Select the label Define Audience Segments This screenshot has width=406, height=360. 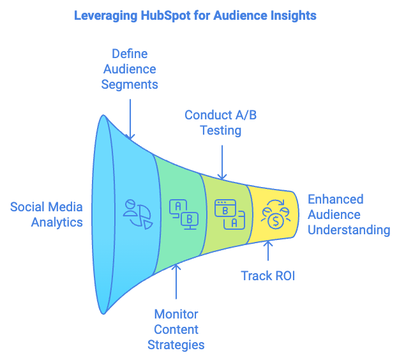pyautogui.click(x=130, y=69)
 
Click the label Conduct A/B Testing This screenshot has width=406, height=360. pyautogui.click(x=221, y=123)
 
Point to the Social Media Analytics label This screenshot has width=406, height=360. pyautogui.click(x=47, y=214)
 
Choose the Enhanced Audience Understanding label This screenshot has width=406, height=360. pyautogui.click(x=349, y=214)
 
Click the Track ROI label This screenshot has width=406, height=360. pyautogui.click(x=267, y=276)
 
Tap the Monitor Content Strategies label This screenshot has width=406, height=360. pyautogui.click(x=176, y=329)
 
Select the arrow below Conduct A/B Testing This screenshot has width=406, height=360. pyautogui.click(x=222, y=159)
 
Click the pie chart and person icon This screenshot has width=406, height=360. pyautogui.click(x=137, y=214)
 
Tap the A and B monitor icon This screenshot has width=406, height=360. pyautogui.click(x=183, y=214)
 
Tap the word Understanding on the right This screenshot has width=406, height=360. pyautogui.click(x=349, y=230)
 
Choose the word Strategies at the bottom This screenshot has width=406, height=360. pyautogui.click(x=176, y=345)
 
